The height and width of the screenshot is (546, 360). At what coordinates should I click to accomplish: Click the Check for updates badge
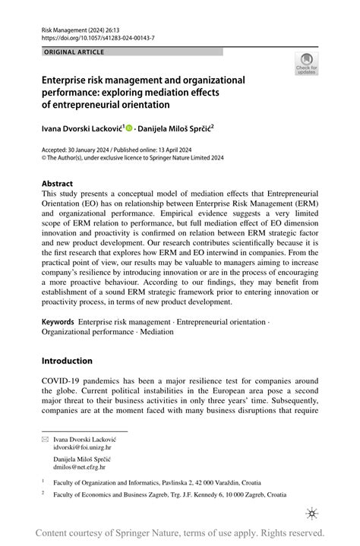pos(306,64)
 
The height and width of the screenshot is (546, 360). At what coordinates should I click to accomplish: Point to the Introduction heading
pos(67,361)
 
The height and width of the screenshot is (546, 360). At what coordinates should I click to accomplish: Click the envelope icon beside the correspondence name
pos(45,440)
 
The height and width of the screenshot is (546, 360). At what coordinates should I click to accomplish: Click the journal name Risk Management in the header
pos(66,27)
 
